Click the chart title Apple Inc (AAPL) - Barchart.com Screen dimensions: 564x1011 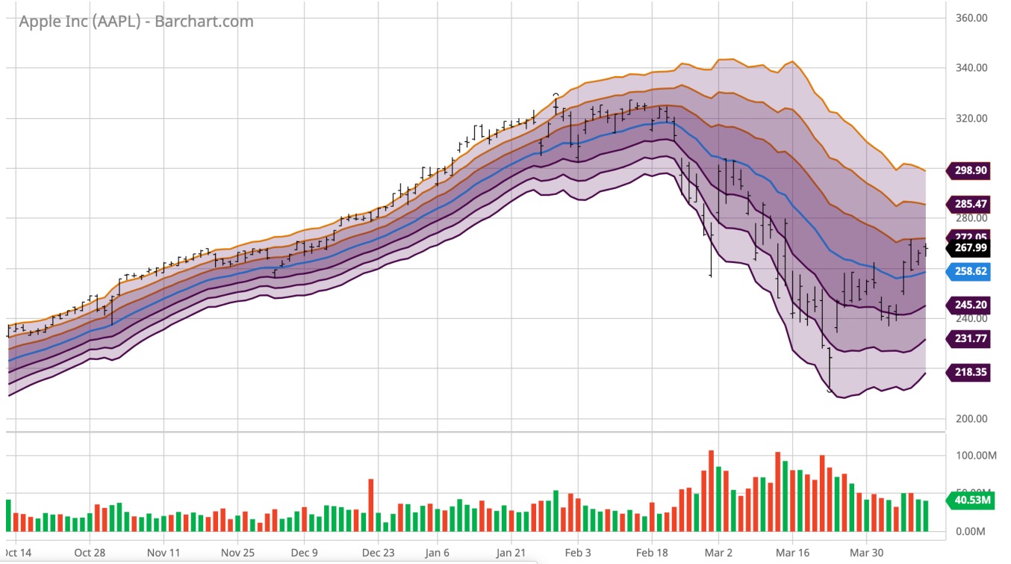coord(136,22)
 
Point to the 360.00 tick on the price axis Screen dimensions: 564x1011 coord(971,18)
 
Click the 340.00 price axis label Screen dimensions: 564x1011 coord(971,68)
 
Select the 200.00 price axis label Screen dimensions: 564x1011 coord(971,419)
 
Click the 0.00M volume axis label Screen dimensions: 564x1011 coord(971,532)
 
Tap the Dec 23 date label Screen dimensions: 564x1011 coord(379,554)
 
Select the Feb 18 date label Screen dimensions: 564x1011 coord(652,554)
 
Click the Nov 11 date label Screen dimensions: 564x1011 coord(164,554)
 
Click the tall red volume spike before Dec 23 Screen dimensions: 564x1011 coord(370,504)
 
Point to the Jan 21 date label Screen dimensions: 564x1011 coord(511,554)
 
